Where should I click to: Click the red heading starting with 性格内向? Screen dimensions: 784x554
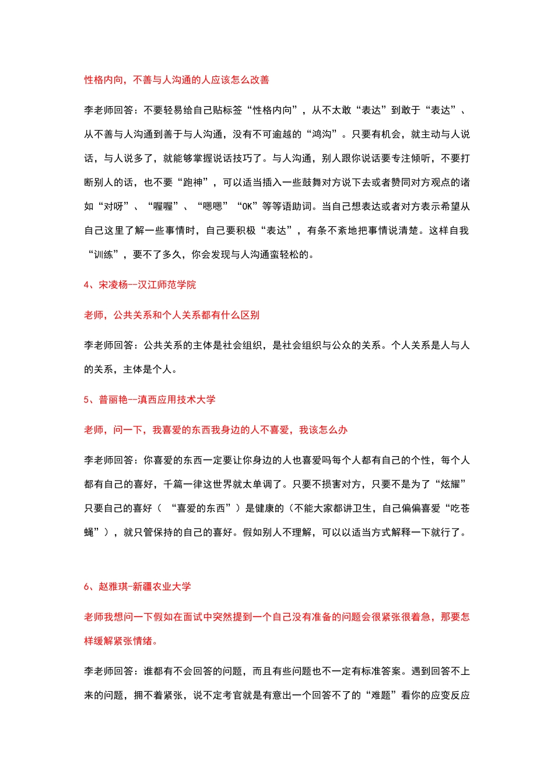[x=177, y=80]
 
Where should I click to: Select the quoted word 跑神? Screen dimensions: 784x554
[x=192, y=183]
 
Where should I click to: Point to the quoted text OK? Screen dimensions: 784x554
[x=247, y=206]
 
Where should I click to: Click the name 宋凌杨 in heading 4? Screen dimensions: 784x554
[x=113, y=285]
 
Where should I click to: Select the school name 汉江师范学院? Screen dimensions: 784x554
[x=167, y=285]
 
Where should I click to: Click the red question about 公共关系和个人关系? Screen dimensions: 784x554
[x=172, y=315]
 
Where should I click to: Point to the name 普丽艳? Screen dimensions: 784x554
[x=113, y=400]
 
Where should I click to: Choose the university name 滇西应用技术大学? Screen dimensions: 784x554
[x=177, y=400]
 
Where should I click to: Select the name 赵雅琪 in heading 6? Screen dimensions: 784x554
[x=113, y=587]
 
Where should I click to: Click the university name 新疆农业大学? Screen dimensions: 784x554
[x=162, y=587]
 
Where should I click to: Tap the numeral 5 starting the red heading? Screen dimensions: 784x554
[x=86, y=400]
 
